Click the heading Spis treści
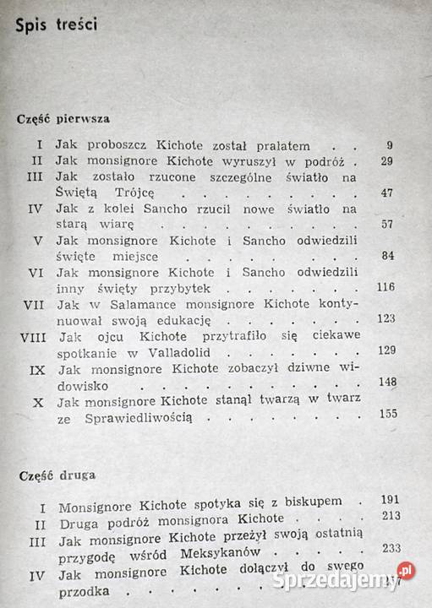pos(57,24)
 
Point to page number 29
pos(386,160)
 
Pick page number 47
pos(386,193)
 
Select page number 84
pos(386,256)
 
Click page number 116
pos(386,288)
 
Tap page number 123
pos(386,319)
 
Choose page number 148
pos(387,382)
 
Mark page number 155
pos(388,413)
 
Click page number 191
pos(390,499)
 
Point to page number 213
pos(391,516)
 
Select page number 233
pos(391,547)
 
